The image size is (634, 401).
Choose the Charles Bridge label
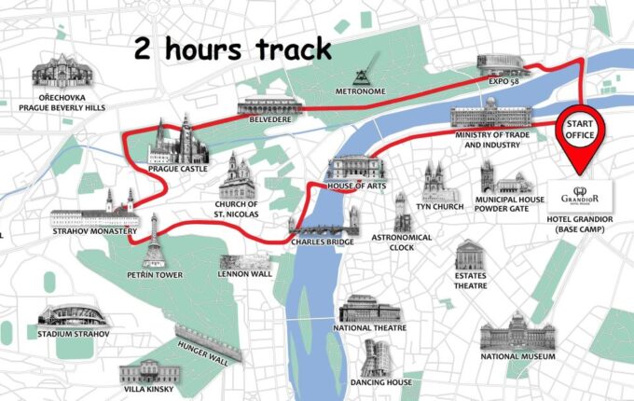point(322,241)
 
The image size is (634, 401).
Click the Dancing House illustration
point(379,358)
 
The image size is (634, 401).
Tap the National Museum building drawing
point(517,330)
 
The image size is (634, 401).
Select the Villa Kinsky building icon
point(146,370)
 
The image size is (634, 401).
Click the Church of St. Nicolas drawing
point(237,177)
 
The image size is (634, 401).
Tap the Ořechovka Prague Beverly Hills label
point(59,102)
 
